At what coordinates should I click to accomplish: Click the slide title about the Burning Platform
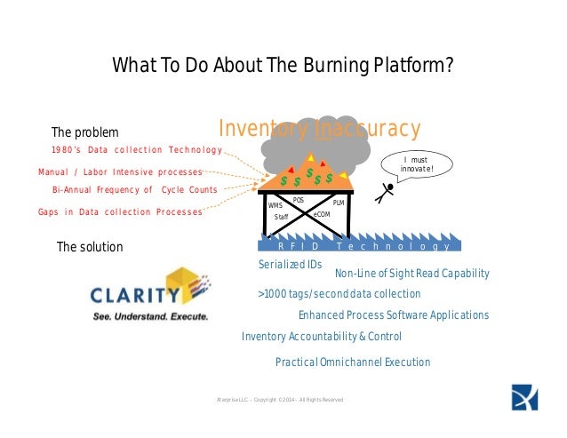point(283,67)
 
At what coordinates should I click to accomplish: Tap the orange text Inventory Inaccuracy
point(319,129)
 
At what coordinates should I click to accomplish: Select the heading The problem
point(84,132)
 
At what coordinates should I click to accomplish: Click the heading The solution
point(90,246)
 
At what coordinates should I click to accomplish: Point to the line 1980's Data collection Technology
point(136,149)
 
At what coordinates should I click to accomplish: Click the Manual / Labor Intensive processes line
point(120,171)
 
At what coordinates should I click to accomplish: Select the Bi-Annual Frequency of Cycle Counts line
point(135,190)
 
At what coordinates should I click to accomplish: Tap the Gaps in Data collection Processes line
point(120,212)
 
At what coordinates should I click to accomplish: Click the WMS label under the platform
point(275,205)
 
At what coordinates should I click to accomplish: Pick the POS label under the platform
point(299,201)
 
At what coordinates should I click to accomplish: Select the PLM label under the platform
point(338,204)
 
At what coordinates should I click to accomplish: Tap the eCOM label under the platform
point(322,215)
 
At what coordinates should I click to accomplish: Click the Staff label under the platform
point(281,217)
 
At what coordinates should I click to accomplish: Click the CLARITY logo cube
point(188,284)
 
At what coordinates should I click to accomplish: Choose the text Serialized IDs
point(290,265)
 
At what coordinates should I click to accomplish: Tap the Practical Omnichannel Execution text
point(353,362)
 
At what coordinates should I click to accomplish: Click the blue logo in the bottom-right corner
point(524,397)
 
